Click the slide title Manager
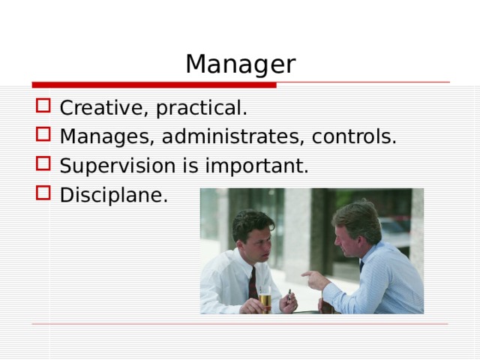tap(240, 64)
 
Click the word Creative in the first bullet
tap(104, 109)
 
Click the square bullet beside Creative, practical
tap(43, 108)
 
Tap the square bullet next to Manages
tap(43, 136)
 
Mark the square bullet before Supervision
tap(43, 165)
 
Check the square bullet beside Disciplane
tap(43, 193)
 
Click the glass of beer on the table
tap(265, 300)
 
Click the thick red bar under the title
tap(154, 85)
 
